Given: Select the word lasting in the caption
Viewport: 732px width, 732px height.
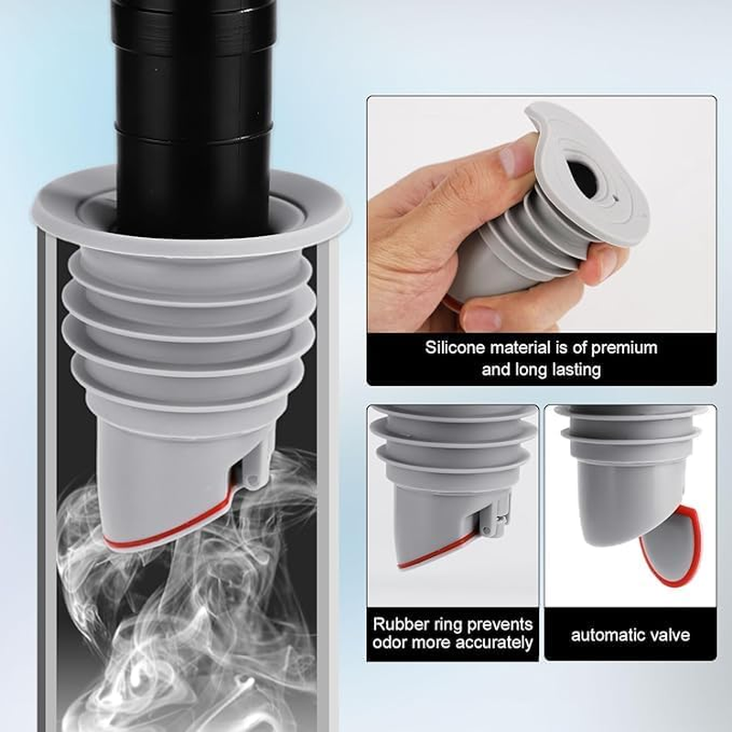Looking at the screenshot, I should [571, 371].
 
